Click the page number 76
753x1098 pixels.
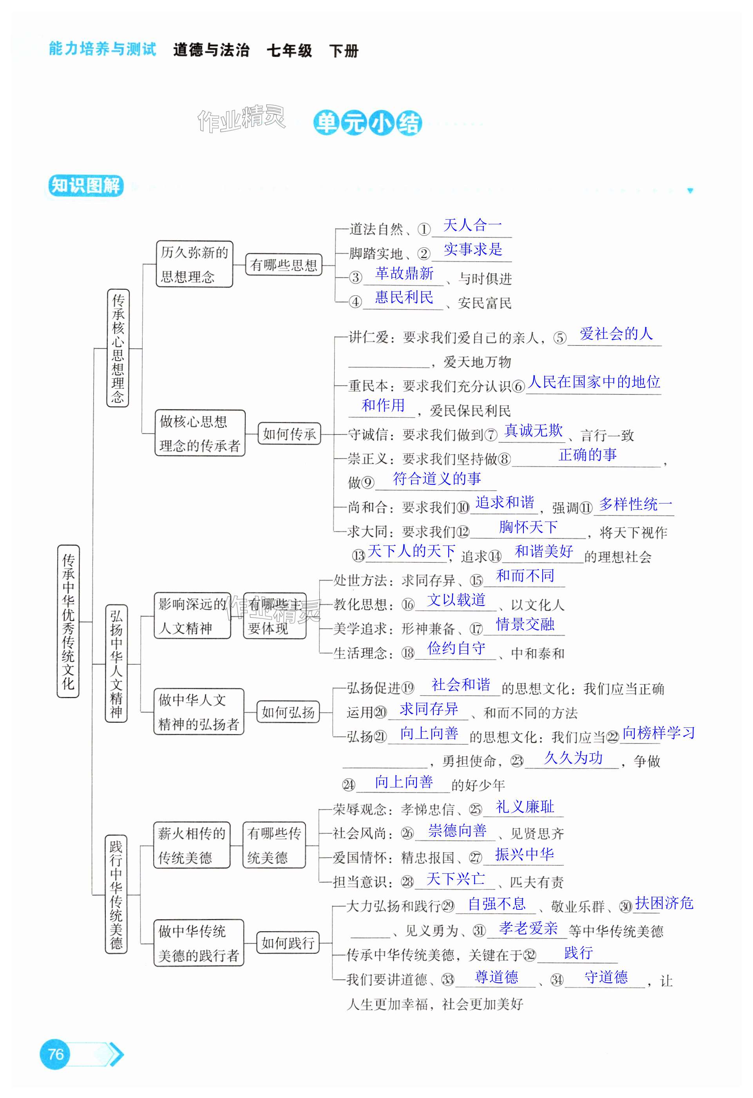tap(56, 1054)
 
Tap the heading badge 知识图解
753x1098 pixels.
tap(85, 185)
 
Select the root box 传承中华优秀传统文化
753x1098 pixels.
tap(68, 621)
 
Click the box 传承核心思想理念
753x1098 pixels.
tap(118, 348)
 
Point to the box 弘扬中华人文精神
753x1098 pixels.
tap(116, 664)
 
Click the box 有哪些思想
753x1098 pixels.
tap(283, 265)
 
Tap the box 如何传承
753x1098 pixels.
tap(289, 434)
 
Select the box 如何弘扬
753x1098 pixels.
tap(288, 712)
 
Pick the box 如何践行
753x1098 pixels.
tap(288, 943)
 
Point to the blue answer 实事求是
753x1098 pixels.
tap(472, 249)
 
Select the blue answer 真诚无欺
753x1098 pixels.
tap(534, 431)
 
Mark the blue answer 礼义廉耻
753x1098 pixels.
tap(525, 807)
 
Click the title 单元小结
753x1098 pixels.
tap(367, 123)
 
